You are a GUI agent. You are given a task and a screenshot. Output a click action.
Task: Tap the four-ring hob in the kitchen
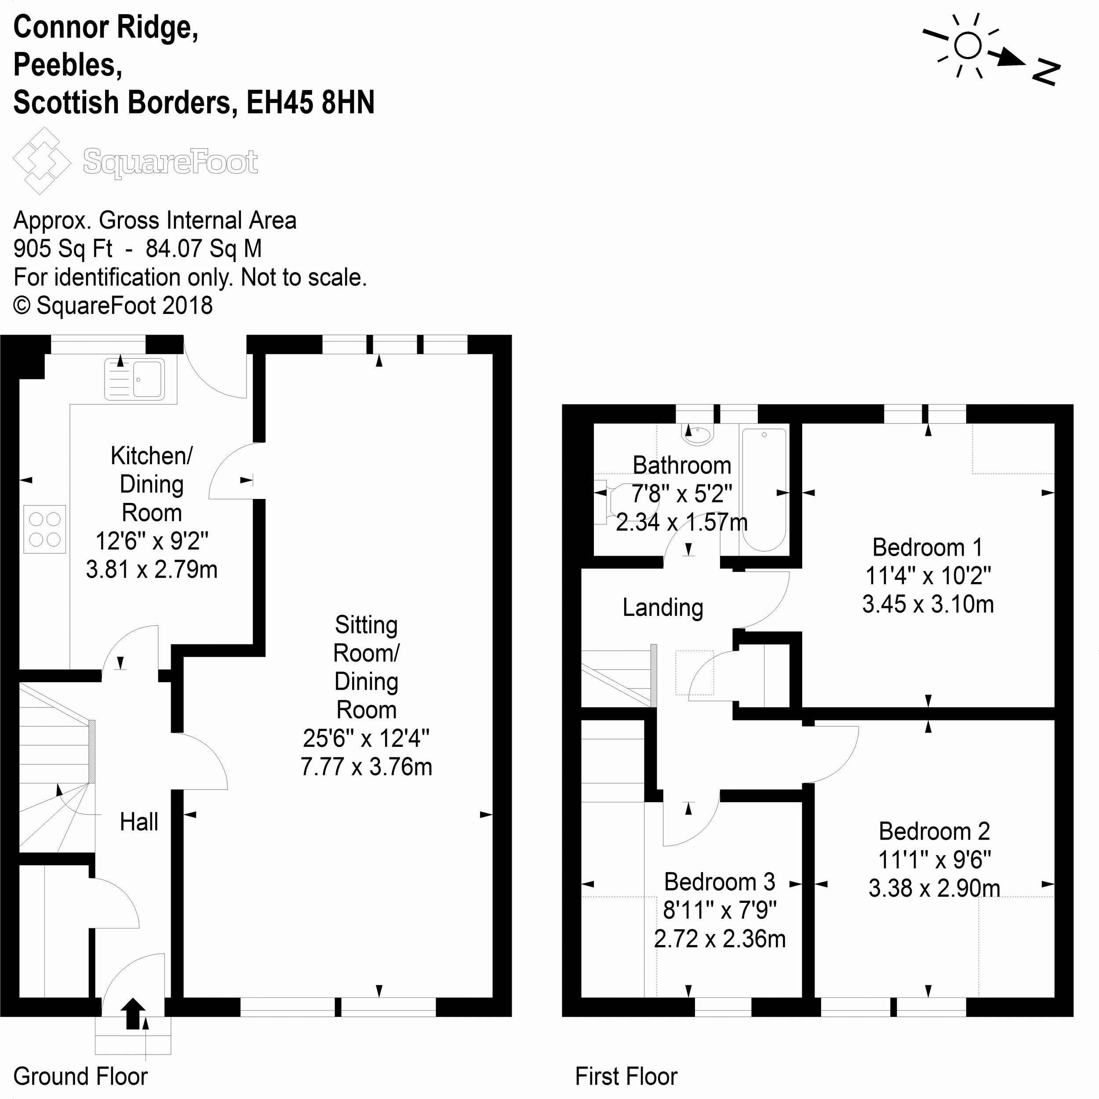tap(45, 529)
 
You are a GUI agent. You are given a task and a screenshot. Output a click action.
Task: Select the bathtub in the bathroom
tap(764, 490)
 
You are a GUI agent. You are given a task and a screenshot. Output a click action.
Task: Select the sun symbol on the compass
tap(968, 46)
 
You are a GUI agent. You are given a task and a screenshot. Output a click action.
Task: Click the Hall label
tap(139, 822)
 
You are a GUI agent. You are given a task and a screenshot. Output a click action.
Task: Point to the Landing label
tap(663, 608)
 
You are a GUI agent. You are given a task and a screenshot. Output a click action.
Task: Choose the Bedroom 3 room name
tap(720, 882)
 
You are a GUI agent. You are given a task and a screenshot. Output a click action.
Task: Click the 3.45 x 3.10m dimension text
tap(928, 604)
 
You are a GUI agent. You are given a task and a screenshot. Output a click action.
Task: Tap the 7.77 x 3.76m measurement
tap(366, 767)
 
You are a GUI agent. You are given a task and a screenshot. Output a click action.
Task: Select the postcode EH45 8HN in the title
tap(311, 102)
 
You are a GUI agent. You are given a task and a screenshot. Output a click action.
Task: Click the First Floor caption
tap(626, 1076)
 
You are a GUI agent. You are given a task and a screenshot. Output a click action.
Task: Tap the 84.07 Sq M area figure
tap(204, 248)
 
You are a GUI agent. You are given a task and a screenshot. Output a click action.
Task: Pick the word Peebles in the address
tap(67, 66)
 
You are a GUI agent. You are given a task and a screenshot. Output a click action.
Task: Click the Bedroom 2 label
tap(934, 832)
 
